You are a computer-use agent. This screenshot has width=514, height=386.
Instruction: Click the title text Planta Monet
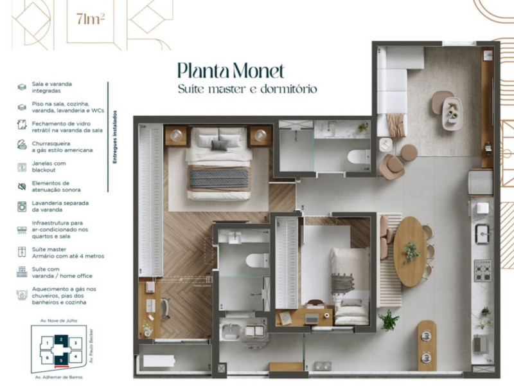[230, 69]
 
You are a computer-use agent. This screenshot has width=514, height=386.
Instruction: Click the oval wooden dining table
[411, 251]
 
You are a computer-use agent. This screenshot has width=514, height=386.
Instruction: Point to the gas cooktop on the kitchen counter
[483, 270]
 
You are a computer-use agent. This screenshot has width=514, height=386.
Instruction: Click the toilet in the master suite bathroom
[256, 261]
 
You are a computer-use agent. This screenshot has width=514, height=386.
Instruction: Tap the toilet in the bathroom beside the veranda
[357, 156]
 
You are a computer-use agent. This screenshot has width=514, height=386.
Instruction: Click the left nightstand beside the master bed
[175, 136]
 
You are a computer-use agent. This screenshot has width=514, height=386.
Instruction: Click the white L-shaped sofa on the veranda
[391, 90]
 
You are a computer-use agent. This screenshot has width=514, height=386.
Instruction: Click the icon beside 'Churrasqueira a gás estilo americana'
[21, 145]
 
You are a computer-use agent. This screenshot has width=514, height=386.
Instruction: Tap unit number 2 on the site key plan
[60, 339]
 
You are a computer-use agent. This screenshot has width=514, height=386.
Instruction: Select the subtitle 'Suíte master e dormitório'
[247, 89]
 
